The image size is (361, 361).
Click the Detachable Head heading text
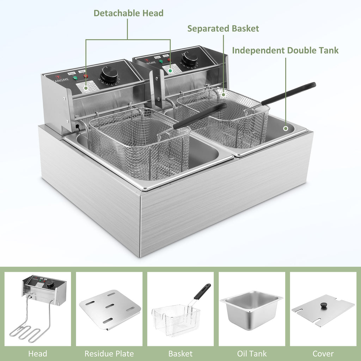128,13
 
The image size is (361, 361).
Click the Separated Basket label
223,29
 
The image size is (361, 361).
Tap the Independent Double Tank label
285,50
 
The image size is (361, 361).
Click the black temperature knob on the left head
109,74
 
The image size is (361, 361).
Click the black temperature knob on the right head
189,59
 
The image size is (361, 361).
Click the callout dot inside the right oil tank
286,129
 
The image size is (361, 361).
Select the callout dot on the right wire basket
223,94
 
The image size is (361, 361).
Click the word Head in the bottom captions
37,353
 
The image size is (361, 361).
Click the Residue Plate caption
109,353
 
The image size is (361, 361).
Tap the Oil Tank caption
252,353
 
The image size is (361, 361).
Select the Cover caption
323,353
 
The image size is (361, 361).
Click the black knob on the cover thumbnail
323,305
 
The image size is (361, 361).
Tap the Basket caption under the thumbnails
180,353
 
